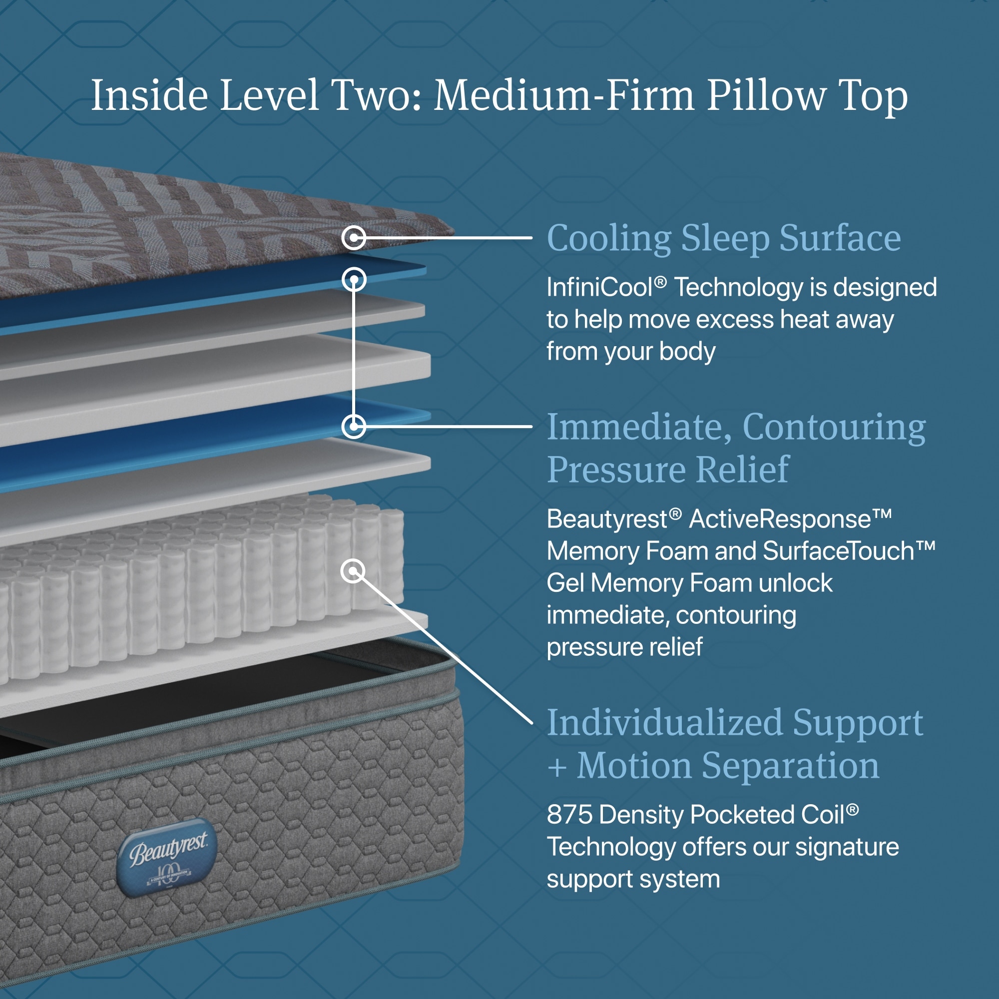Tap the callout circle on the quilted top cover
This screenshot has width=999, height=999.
354,238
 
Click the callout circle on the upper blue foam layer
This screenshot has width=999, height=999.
354,280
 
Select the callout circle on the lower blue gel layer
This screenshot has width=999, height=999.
354,427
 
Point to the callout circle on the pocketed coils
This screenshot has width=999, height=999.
353,571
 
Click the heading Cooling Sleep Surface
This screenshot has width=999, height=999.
724,238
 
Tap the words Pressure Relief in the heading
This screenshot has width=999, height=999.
668,470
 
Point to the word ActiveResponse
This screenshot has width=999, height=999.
790,518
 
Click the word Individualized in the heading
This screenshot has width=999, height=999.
665,723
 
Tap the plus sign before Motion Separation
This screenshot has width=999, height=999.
557,767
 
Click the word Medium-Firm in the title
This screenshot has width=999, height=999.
564,96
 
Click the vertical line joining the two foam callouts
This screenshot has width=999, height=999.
354,353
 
